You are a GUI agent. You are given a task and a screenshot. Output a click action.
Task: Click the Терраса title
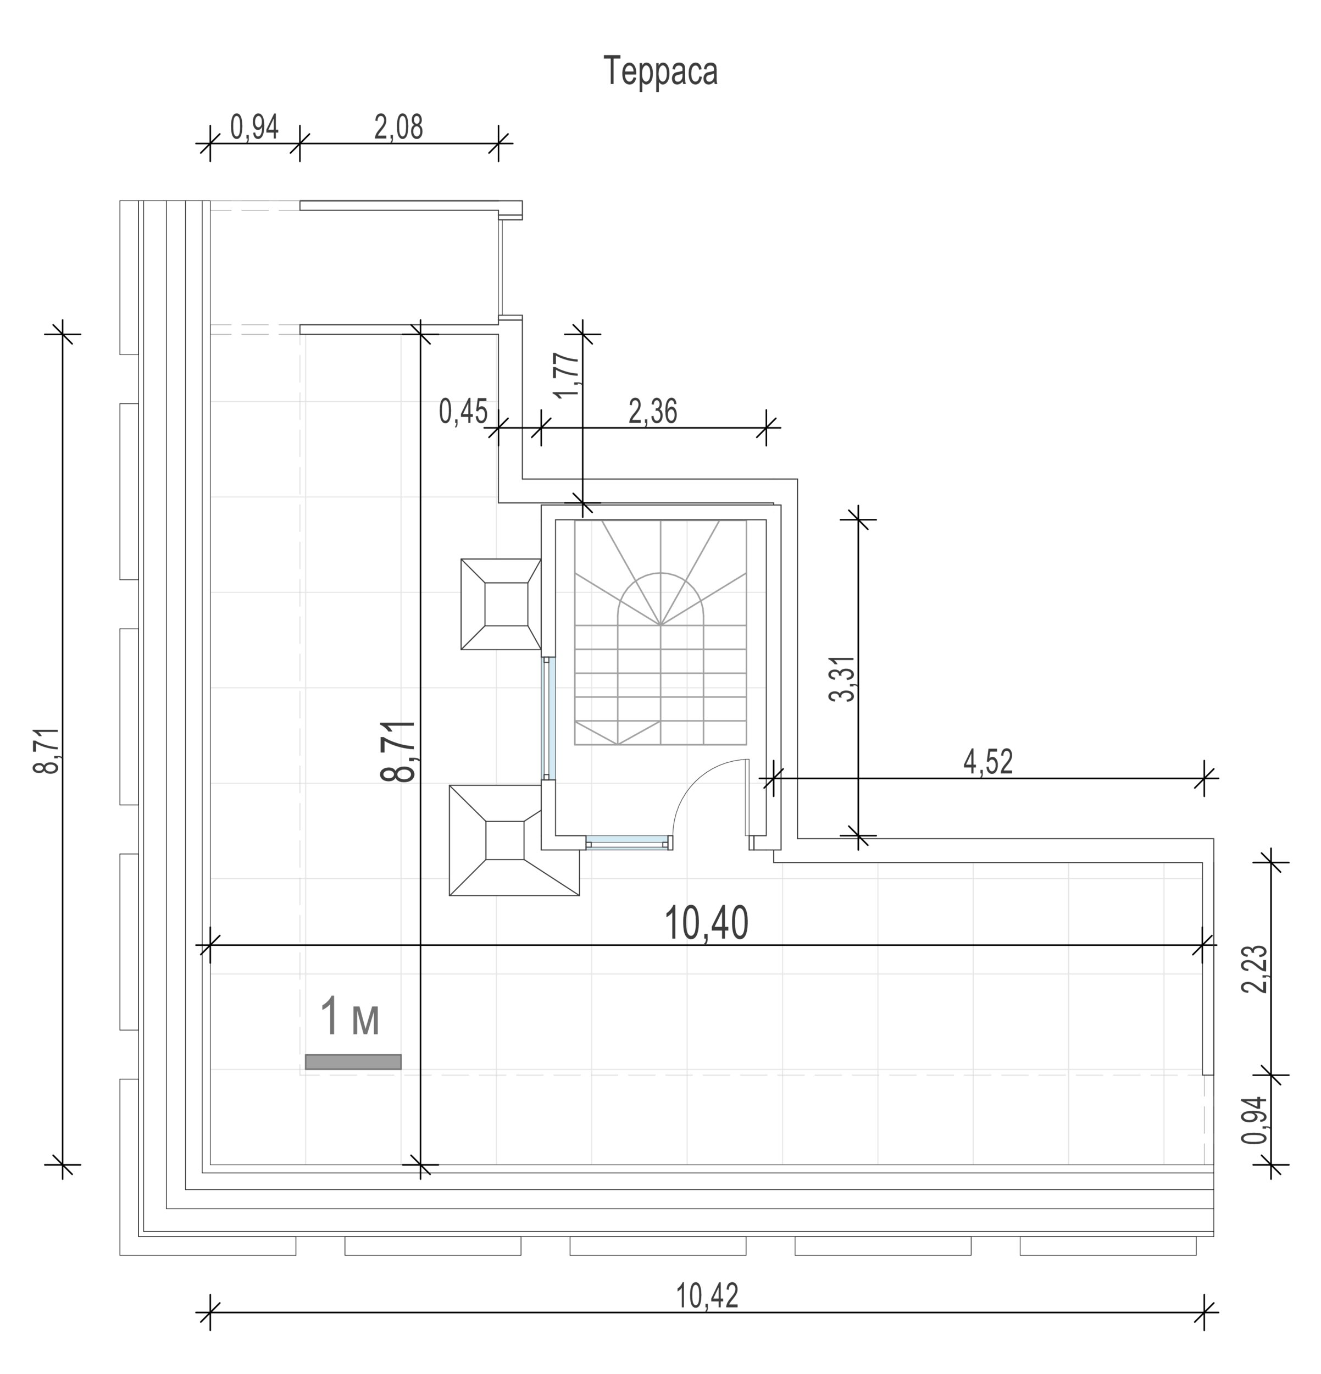(661, 72)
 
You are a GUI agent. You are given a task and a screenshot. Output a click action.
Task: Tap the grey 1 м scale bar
(353, 1062)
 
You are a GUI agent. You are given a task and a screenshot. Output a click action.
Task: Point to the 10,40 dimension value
(706, 923)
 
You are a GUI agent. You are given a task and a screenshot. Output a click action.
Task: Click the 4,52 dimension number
(988, 761)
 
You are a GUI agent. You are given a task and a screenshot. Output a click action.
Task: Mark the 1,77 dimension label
(568, 374)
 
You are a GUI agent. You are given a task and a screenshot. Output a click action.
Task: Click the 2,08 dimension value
(399, 128)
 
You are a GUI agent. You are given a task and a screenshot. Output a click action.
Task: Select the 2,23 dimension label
(1255, 969)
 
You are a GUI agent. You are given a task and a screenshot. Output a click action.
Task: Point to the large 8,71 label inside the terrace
(399, 751)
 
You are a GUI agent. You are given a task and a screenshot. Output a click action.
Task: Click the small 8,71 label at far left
(47, 751)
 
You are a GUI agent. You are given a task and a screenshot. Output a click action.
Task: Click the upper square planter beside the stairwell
(501, 603)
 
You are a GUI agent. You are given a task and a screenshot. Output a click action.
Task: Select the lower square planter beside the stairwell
(514, 840)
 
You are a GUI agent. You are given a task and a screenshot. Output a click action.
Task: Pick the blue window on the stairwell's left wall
(549, 718)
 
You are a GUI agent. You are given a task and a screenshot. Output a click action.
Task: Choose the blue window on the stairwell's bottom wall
(628, 842)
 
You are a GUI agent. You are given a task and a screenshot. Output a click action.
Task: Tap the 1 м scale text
(349, 1018)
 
